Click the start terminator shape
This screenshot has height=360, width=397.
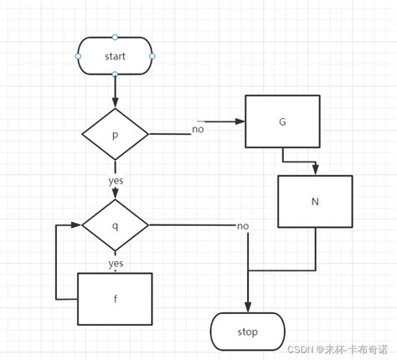point(115,56)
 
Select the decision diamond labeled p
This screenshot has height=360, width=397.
point(115,134)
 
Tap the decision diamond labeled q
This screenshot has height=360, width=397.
point(115,224)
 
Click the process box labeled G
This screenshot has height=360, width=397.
point(282,122)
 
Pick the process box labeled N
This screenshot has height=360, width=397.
point(315,201)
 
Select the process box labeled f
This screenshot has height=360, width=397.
point(115,298)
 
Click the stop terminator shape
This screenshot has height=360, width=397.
point(247,332)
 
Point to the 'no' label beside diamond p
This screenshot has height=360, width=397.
point(198,129)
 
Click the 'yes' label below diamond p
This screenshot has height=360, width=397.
point(116,180)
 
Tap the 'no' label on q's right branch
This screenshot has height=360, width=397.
point(243,226)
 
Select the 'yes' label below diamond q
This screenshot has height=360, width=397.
point(116,263)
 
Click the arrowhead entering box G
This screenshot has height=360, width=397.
point(240,122)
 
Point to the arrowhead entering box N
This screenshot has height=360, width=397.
point(315,171)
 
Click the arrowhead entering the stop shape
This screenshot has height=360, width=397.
point(247,308)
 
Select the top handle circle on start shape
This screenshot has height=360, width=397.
point(115,37)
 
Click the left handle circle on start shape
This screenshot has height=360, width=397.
point(78,56)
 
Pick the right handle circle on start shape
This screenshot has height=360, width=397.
point(152,56)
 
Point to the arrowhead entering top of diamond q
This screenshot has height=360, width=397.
point(115,196)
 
